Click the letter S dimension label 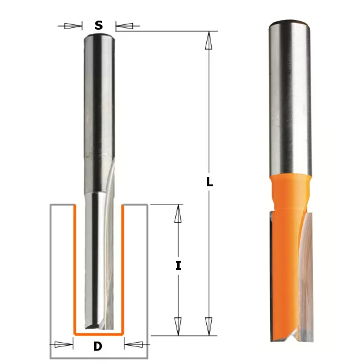[98, 25]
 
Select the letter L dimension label [209, 182]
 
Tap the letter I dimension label [178, 265]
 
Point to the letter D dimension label [98, 346]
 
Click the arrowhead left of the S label [73, 26]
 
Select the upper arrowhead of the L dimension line [209, 40]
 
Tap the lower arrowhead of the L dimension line [209, 326]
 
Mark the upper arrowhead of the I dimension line [178, 214]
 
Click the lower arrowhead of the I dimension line [178, 326]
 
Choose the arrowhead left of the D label [63, 345]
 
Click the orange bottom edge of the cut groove [98, 334]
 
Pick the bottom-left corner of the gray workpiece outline [50, 359]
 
